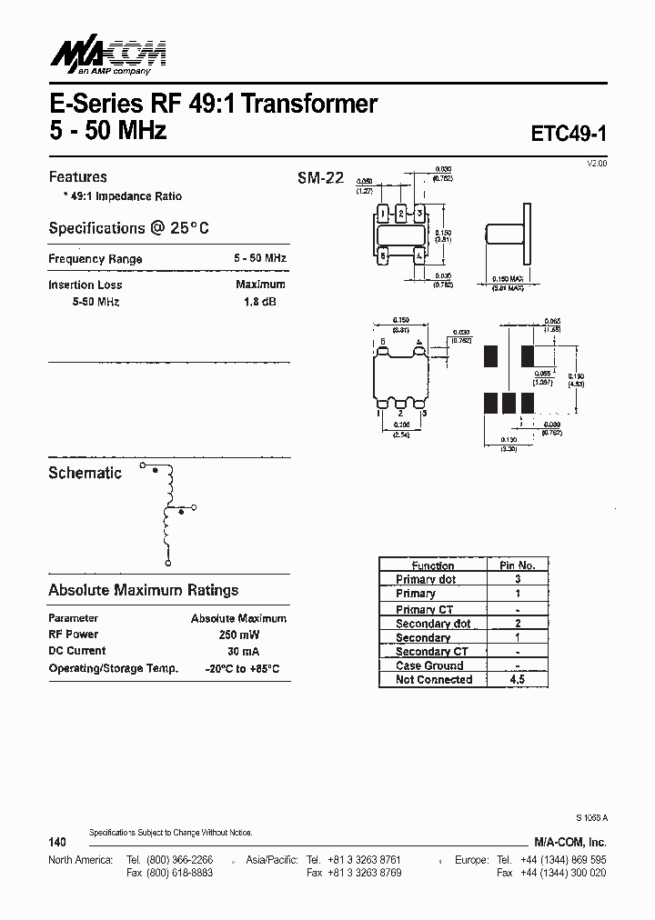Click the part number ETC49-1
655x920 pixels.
point(568,133)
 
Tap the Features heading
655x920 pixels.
point(77,177)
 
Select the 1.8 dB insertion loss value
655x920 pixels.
point(260,302)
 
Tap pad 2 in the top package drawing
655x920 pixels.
point(400,214)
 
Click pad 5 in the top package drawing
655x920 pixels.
point(385,256)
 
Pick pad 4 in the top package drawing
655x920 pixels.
point(418,256)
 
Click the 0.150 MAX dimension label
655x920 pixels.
point(508,278)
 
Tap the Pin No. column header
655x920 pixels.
point(518,565)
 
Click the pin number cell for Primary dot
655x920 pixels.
point(518,579)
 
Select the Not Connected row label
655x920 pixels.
point(434,679)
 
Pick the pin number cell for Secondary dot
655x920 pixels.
point(518,623)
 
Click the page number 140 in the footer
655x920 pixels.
point(57,843)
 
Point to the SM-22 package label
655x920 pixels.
point(320,178)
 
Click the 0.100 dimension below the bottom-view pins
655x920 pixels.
point(401,425)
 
